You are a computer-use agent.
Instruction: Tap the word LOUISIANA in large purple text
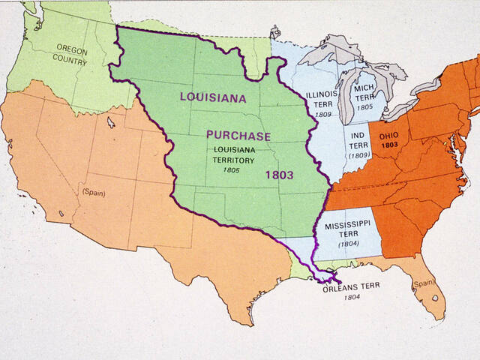(x=213, y=97)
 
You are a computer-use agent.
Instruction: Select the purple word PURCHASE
(x=238, y=135)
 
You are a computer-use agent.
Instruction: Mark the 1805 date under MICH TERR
(x=364, y=108)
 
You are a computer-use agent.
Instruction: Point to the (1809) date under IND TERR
(x=358, y=155)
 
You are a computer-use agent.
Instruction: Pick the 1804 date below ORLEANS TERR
(x=352, y=298)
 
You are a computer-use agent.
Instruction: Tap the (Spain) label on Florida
(x=424, y=283)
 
